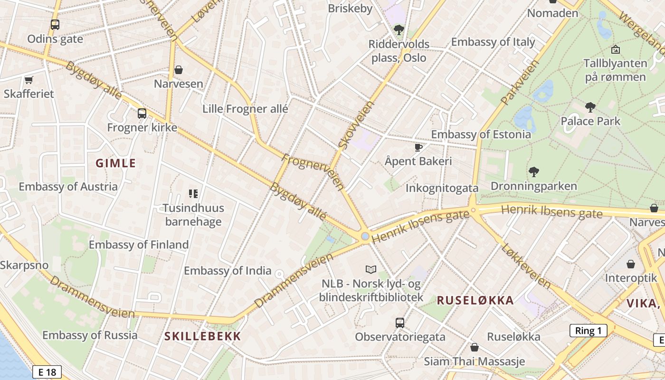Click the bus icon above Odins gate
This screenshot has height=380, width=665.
click(x=55, y=24)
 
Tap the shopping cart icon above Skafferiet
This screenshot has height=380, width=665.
click(x=28, y=80)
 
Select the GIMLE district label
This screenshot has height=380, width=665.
click(x=115, y=163)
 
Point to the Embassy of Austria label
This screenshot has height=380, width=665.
click(x=68, y=186)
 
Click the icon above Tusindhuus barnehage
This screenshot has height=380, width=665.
click(x=193, y=193)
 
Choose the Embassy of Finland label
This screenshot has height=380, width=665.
click(x=139, y=245)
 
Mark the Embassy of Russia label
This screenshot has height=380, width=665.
click(x=90, y=335)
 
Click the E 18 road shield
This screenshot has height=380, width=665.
click(x=47, y=372)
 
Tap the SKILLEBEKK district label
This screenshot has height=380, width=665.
click(x=203, y=336)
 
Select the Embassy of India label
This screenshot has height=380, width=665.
click(x=228, y=271)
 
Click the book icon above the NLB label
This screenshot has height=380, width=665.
click(x=370, y=269)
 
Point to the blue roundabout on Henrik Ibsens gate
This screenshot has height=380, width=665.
click(x=365, y=236)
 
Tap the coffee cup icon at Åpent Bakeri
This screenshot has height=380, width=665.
click(x=418, y=147)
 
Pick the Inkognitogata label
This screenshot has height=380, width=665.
click(x=442, y=188)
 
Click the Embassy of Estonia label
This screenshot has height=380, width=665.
click(x=481, y=134)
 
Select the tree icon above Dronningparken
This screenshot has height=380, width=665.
click(x=534, y=171)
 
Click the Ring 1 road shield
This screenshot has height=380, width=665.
click(x=588, y=331)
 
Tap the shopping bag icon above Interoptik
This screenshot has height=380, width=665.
click(x=631, y=264)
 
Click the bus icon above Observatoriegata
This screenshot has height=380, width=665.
click(x=400, y=323)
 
